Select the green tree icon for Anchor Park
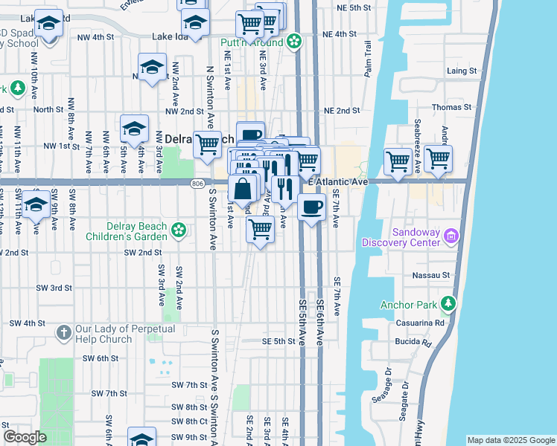pyautogui.click(x=448, y=303)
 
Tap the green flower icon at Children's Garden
pyautogui.click(x=178, y=231)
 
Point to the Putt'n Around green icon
pyautogui.click(x=294, y=42)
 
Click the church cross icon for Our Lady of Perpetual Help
pyautogui.click(x=64, y=332)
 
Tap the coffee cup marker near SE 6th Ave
pyautogui.click(x=311, y=207)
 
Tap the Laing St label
pyautogui.click(x=462, y=71)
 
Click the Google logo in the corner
pyautogui.click(x=25, y=438)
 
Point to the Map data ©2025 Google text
pyautogui.click(x=511, y=440)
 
